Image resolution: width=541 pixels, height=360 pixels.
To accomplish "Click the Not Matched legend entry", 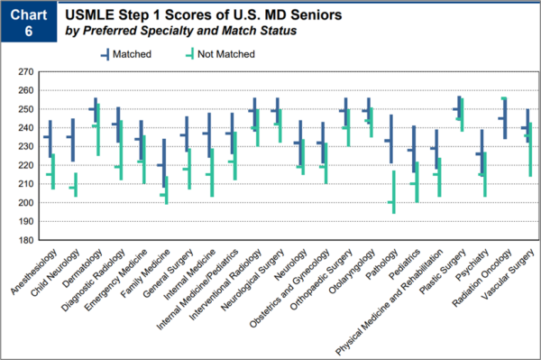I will (x=222, y=54).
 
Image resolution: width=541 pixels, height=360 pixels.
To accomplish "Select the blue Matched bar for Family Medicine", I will (x=163, y=162).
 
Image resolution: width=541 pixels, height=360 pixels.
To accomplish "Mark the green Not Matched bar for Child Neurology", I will (x=76, y=185).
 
